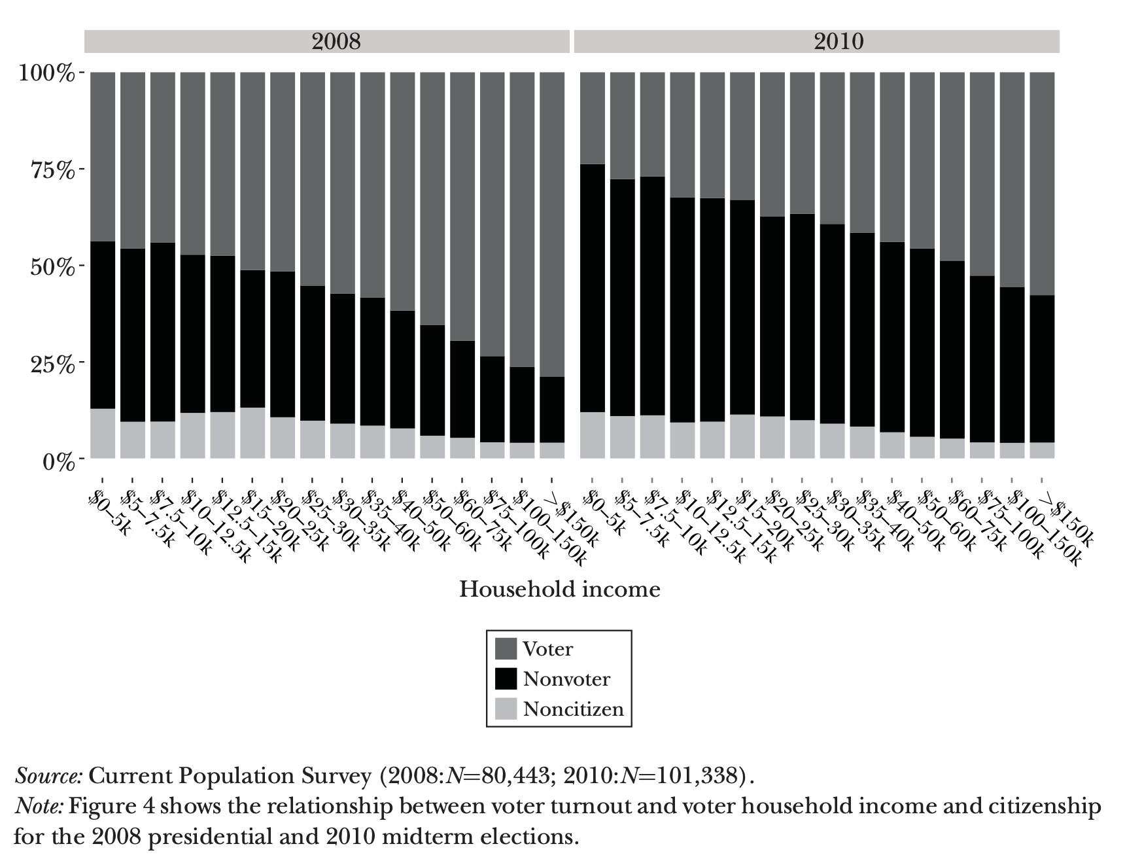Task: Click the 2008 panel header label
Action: pos(336,41)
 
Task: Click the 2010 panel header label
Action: pos(839,41)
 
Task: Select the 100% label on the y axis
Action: pos(46,73)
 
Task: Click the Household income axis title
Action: pos(559,589)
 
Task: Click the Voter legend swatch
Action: pos(506,649)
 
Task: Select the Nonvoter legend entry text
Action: pos(566,679)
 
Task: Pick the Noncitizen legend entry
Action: pos(573,709)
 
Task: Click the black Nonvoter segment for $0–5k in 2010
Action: pos(592,288)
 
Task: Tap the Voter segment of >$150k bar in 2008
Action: pos(552,222)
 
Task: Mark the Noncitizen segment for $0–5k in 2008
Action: pos(103,433)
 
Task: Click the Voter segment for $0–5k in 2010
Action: pos(592,118)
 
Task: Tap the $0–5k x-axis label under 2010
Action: pos(604,514)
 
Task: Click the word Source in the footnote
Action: pos(48,776)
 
